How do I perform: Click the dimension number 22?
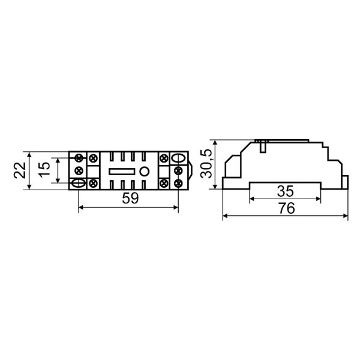click(20, 170)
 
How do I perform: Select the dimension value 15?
click(44, 170)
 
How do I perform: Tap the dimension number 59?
click(130, 199)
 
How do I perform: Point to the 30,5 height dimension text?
click(206, 163)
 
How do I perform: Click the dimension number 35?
click(285, 191)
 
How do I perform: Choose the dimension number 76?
click(287, 208)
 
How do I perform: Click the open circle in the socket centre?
click(145, 171)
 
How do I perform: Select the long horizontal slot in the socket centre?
click(122, 171)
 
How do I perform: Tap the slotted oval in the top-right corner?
click(179, 158)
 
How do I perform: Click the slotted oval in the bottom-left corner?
click(79, 184)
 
